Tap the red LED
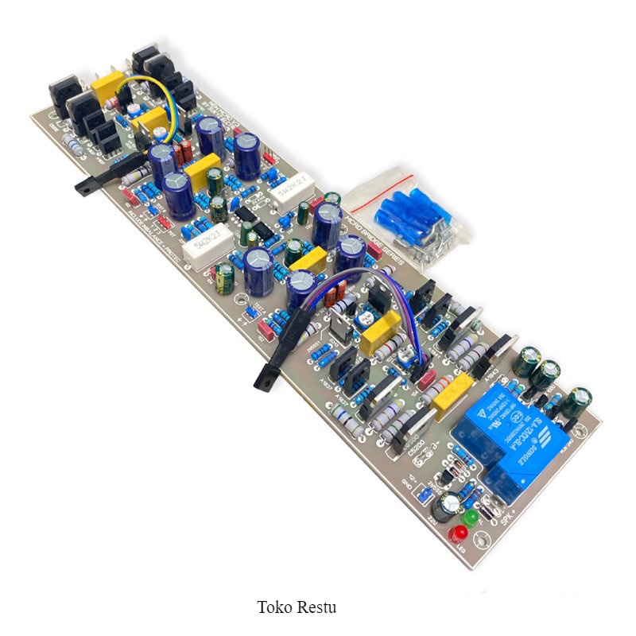(459, 532)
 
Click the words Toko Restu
(297, 607)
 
